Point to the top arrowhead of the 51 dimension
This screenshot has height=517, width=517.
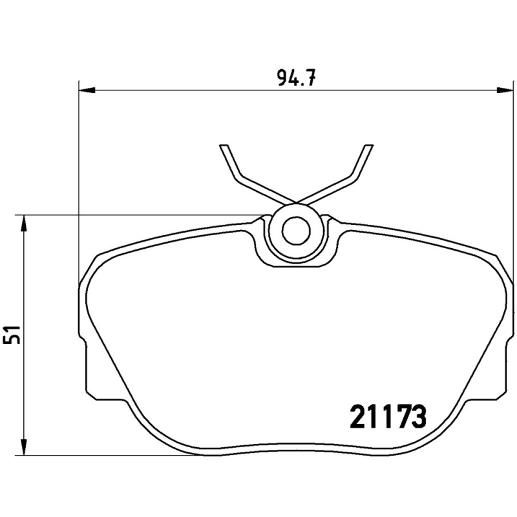(24, 224)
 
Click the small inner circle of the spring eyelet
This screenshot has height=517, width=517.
(296, 229)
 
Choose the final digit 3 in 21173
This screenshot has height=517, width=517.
(418, 417)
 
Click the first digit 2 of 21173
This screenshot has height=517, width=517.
(358, 417)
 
